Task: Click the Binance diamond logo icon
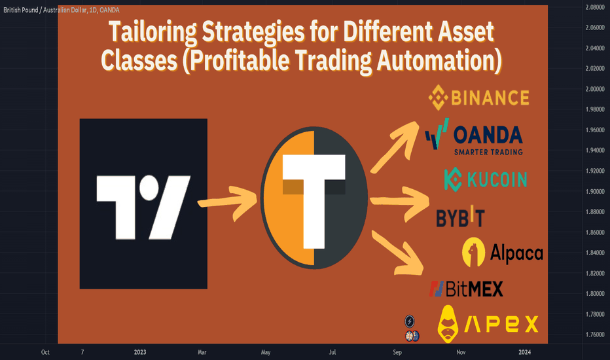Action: [438, 98]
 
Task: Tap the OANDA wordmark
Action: [488, 135]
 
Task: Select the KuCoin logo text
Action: [497, 179]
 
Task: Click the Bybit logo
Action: [460, 217]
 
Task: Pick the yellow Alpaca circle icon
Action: [473, 252]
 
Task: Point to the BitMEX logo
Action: [466, 289]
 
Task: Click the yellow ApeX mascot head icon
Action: [448, 324]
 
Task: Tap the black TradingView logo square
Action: [143, 204]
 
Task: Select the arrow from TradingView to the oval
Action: [228, 202]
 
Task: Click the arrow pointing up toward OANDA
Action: [394, 147]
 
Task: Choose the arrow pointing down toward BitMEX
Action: [397, 253]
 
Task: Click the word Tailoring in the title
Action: [152, 32]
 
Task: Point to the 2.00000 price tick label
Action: [595, 89]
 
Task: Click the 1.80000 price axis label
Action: [595, 293]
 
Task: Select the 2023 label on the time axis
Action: [140, 352]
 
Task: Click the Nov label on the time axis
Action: [461, 352]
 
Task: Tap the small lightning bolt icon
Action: [409, 321]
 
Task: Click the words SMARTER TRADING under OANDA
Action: [488, 152]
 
